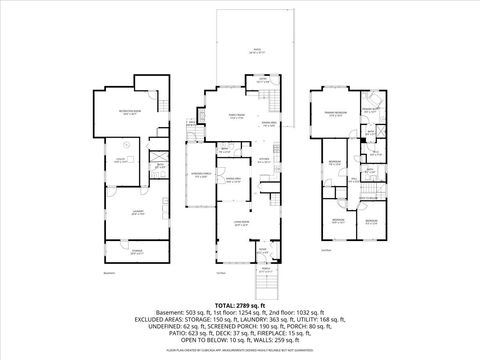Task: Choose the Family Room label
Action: click(232, 116)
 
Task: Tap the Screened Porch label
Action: click(200, 177)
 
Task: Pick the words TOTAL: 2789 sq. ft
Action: click(240, 301)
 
